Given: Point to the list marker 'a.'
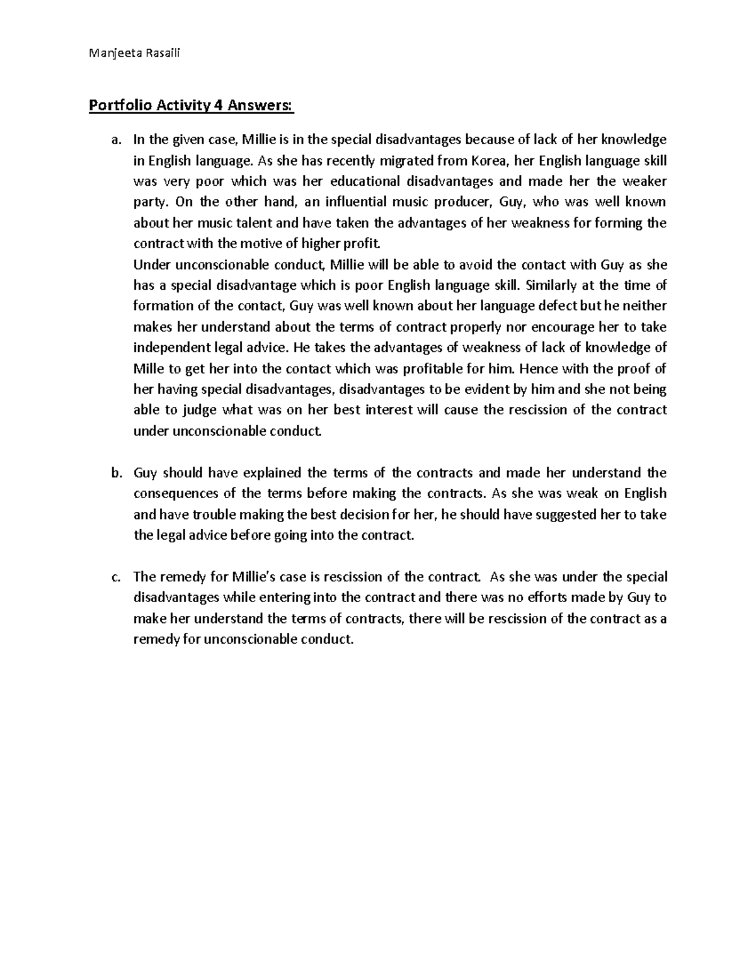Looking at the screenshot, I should pos(115,140).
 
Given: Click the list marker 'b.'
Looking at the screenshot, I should pos(115,473).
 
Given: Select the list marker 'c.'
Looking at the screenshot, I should pos(115,577).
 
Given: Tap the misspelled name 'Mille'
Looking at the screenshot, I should pos(148,368).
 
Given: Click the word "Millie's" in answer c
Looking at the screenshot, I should pos(256,577).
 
